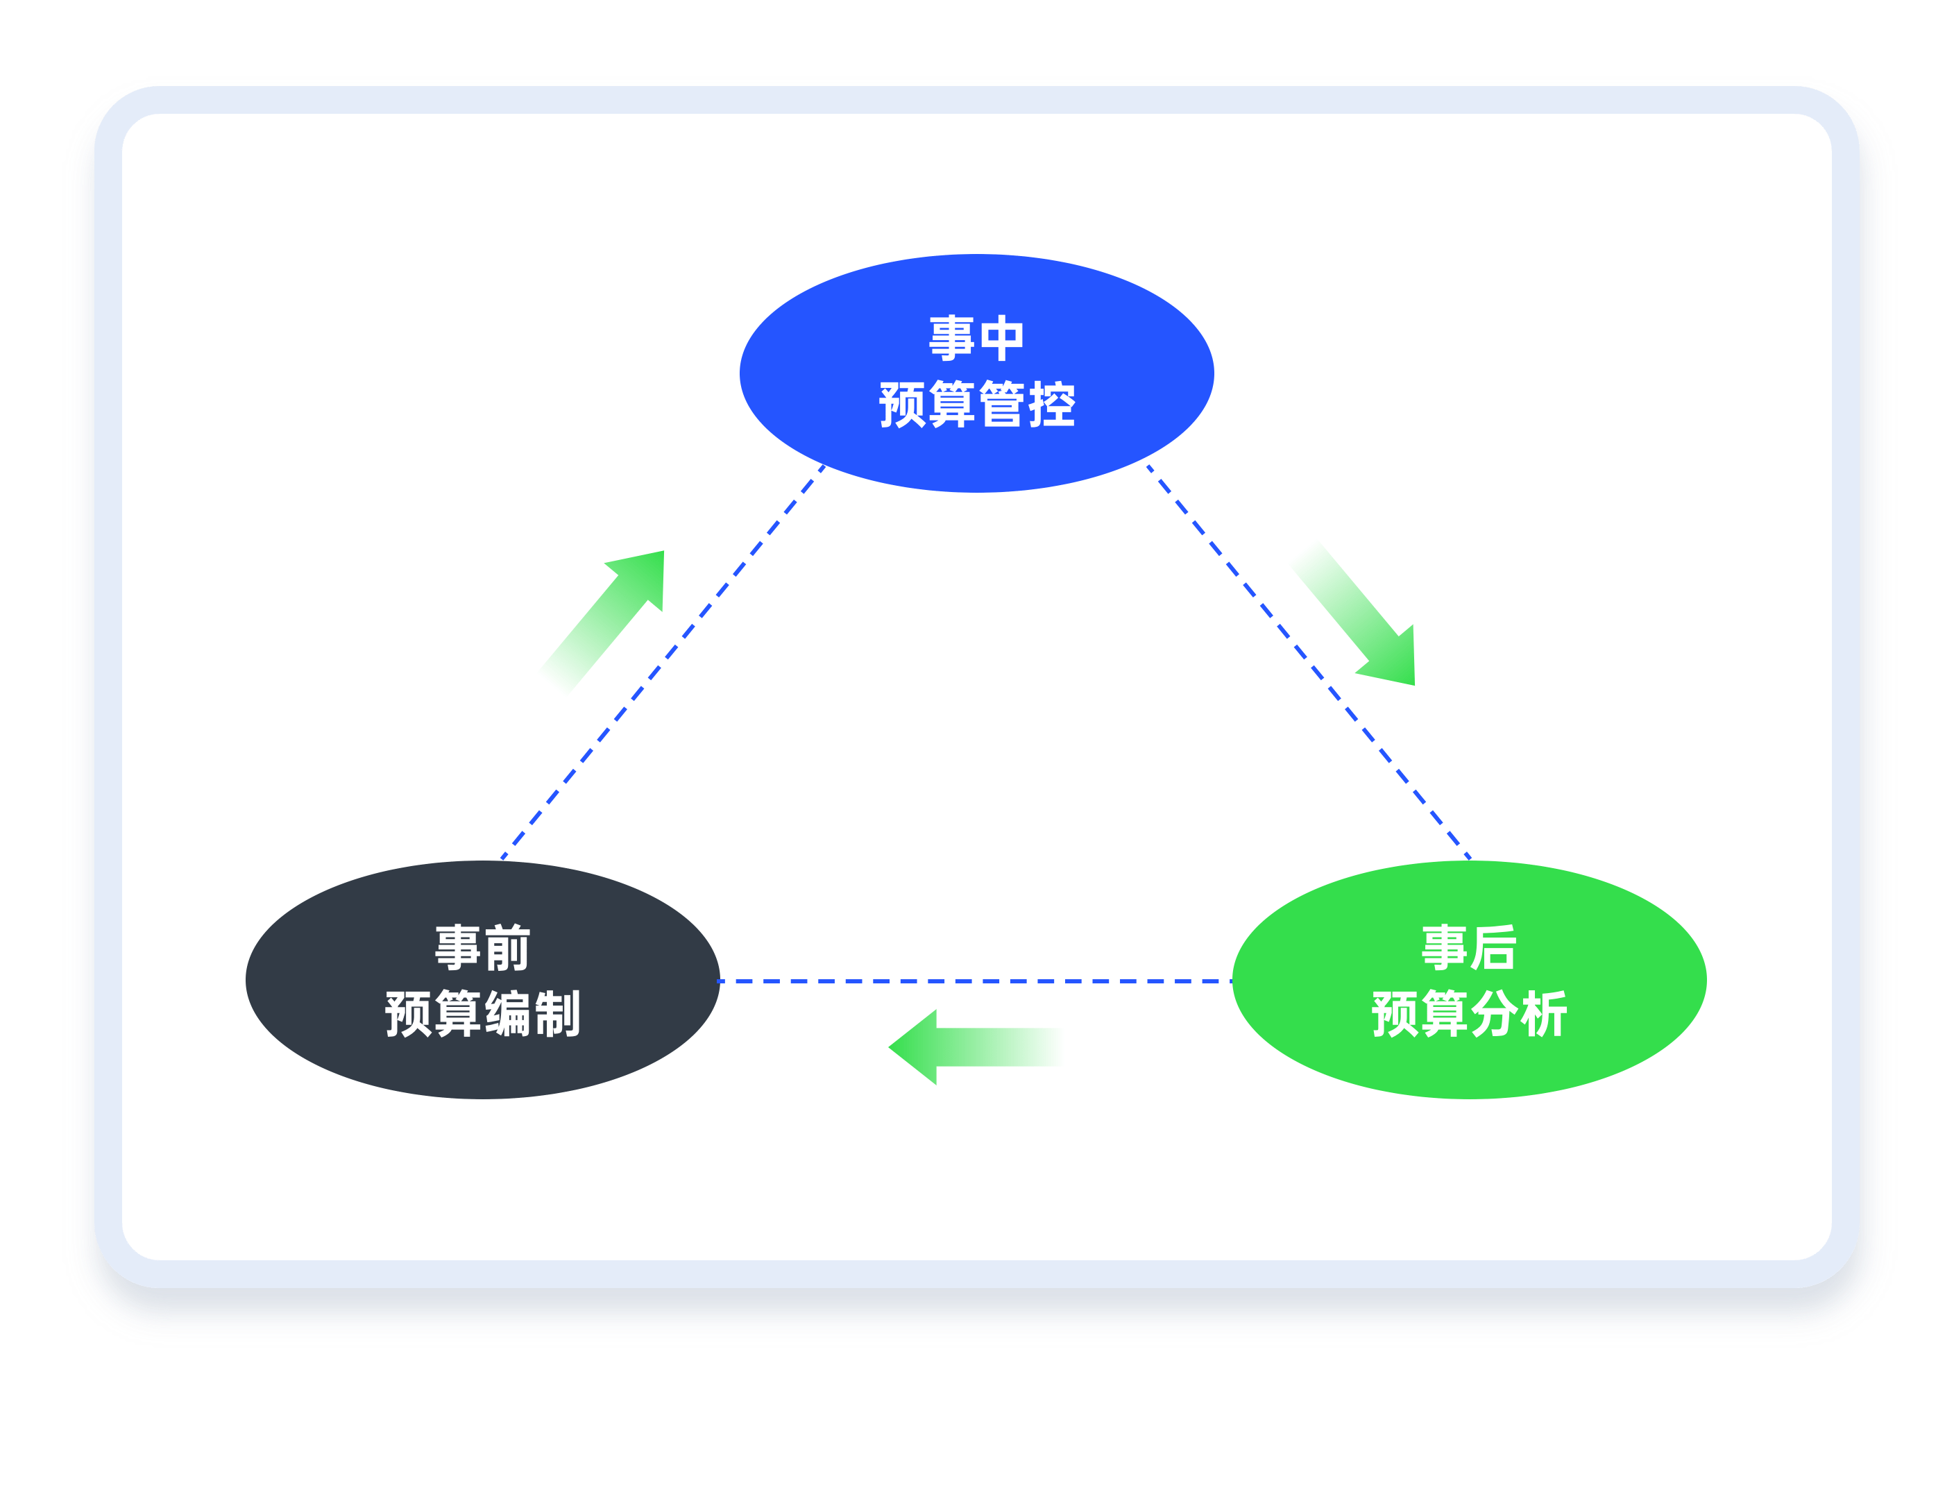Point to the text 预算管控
977,404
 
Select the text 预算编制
483,1014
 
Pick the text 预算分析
1469,1014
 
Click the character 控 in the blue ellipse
1052,404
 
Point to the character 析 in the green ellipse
1545,1014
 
